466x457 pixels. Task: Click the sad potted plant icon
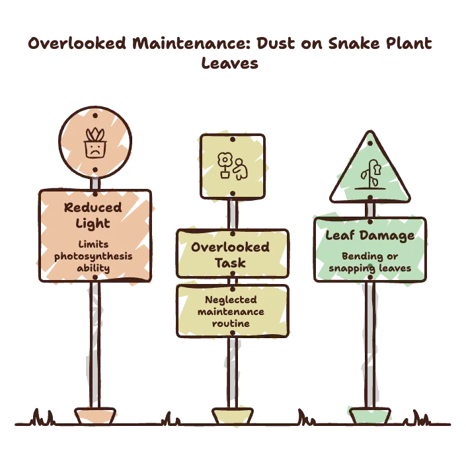coord(95,143)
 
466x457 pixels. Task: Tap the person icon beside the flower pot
coord(240,169)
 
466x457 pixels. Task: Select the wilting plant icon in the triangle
coord(370,174)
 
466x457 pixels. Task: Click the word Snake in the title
coord(354,44)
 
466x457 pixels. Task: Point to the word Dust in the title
coord(276,44)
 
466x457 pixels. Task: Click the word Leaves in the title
coord(230,63)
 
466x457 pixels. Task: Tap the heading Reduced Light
coord(93,215)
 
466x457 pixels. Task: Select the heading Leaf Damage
coord(370,236)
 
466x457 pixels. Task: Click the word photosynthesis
coord(93,256)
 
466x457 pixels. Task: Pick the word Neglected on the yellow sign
coord(231,300)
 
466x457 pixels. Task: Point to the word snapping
coord(352,268)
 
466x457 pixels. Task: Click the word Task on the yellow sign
coord(230,263)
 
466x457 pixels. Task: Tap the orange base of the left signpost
coord(95,416)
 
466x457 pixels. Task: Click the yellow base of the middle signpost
coord(233,416)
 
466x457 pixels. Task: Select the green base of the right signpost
coord(370,416)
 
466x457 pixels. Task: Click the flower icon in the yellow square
coord(225,165)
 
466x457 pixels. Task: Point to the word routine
coord(231,324)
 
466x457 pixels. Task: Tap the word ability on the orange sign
coord(93,268)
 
